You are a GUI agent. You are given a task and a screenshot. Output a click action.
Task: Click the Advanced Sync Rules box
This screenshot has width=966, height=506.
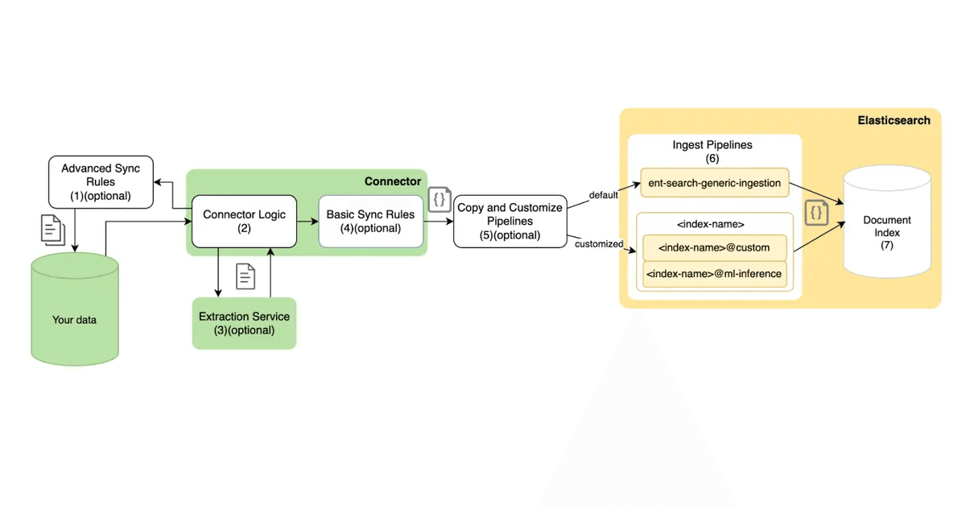[x=101, y=181]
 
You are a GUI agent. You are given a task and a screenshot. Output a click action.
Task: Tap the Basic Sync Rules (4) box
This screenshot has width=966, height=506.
[x=370, y=222]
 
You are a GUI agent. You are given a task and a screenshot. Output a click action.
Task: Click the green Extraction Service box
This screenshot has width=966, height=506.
[x=244, y=323]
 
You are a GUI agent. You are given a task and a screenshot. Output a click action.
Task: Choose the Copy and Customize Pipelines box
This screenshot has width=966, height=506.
[x=510, y=221]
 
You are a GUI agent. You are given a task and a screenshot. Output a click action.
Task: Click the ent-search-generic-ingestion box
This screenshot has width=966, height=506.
[x=714, y=183]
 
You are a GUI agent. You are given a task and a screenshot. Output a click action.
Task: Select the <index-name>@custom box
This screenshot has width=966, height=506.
[x=714, y=247]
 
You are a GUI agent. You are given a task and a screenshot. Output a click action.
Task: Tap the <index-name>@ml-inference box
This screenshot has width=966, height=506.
[x=714, y=273]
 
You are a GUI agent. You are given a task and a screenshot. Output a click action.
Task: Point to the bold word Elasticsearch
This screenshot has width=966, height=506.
[x=894, y=120]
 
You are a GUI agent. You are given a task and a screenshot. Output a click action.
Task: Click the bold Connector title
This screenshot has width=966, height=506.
[x=392, y=181]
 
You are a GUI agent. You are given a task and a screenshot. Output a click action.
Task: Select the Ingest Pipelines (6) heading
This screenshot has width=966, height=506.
[x=712, y=151]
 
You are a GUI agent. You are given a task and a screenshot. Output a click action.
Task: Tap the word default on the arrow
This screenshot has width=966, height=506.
[x=603, y=194]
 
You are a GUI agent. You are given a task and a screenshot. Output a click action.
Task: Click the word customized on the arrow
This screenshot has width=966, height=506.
[x=599, y=243]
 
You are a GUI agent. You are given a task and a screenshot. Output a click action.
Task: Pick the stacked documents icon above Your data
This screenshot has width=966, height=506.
[x=52, y=231]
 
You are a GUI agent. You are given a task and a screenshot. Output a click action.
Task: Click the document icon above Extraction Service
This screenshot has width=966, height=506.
[x=246, y=276]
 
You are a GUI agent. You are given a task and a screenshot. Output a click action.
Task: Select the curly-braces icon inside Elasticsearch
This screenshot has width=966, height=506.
[x=816, y=214]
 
